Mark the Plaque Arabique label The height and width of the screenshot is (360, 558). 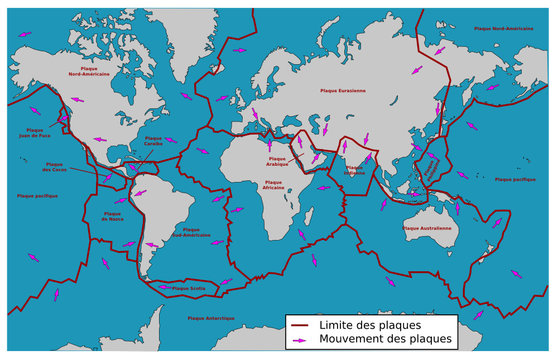click(283, 160)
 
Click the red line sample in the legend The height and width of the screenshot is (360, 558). click(297, 326)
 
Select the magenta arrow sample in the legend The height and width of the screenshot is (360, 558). click(297, 341)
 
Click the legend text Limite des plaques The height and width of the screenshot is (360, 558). click(369, 326)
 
